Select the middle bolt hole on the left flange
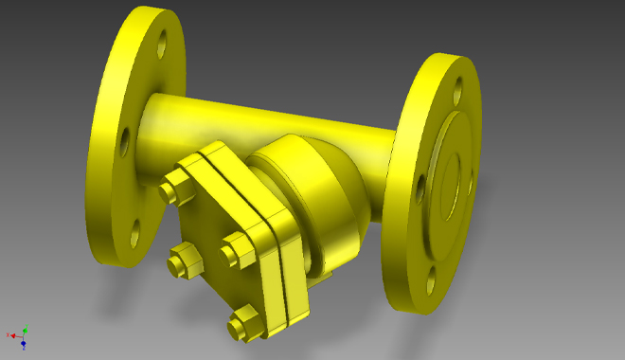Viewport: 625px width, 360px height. click(x=124, y=139)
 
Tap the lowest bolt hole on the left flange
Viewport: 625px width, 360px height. click(x=135, y=228)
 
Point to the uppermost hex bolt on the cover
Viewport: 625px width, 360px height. click(x=173, y=187)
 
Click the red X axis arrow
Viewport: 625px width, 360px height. click(x=11, y=334)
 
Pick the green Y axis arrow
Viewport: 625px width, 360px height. click(x=25, y=330)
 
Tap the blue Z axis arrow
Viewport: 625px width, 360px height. click(x=24, y=344)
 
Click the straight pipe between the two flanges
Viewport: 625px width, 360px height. click(x=265, y=118)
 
